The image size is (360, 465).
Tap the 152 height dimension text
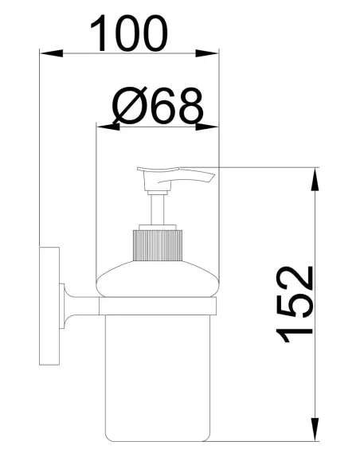click(x=297, y=305)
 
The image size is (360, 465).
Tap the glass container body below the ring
click(x=158, y=374)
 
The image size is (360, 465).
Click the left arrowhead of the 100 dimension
click(x=49, y=54)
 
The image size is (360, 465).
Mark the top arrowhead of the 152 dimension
click(x=317, y=174)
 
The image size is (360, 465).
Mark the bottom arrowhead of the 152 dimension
click(x=317, y=434)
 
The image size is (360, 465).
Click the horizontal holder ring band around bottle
click(x=157, y=307)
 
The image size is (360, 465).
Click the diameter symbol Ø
click(x=127, y=105)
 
